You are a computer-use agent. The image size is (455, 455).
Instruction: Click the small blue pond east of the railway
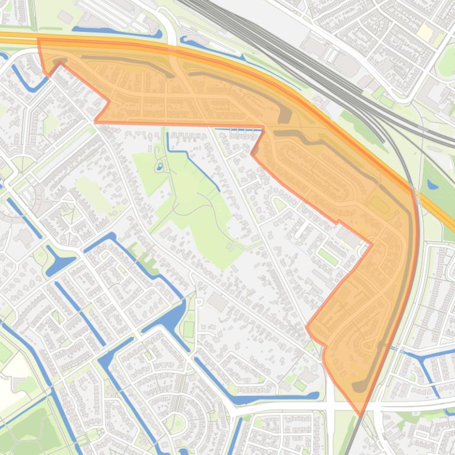[433, 184]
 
